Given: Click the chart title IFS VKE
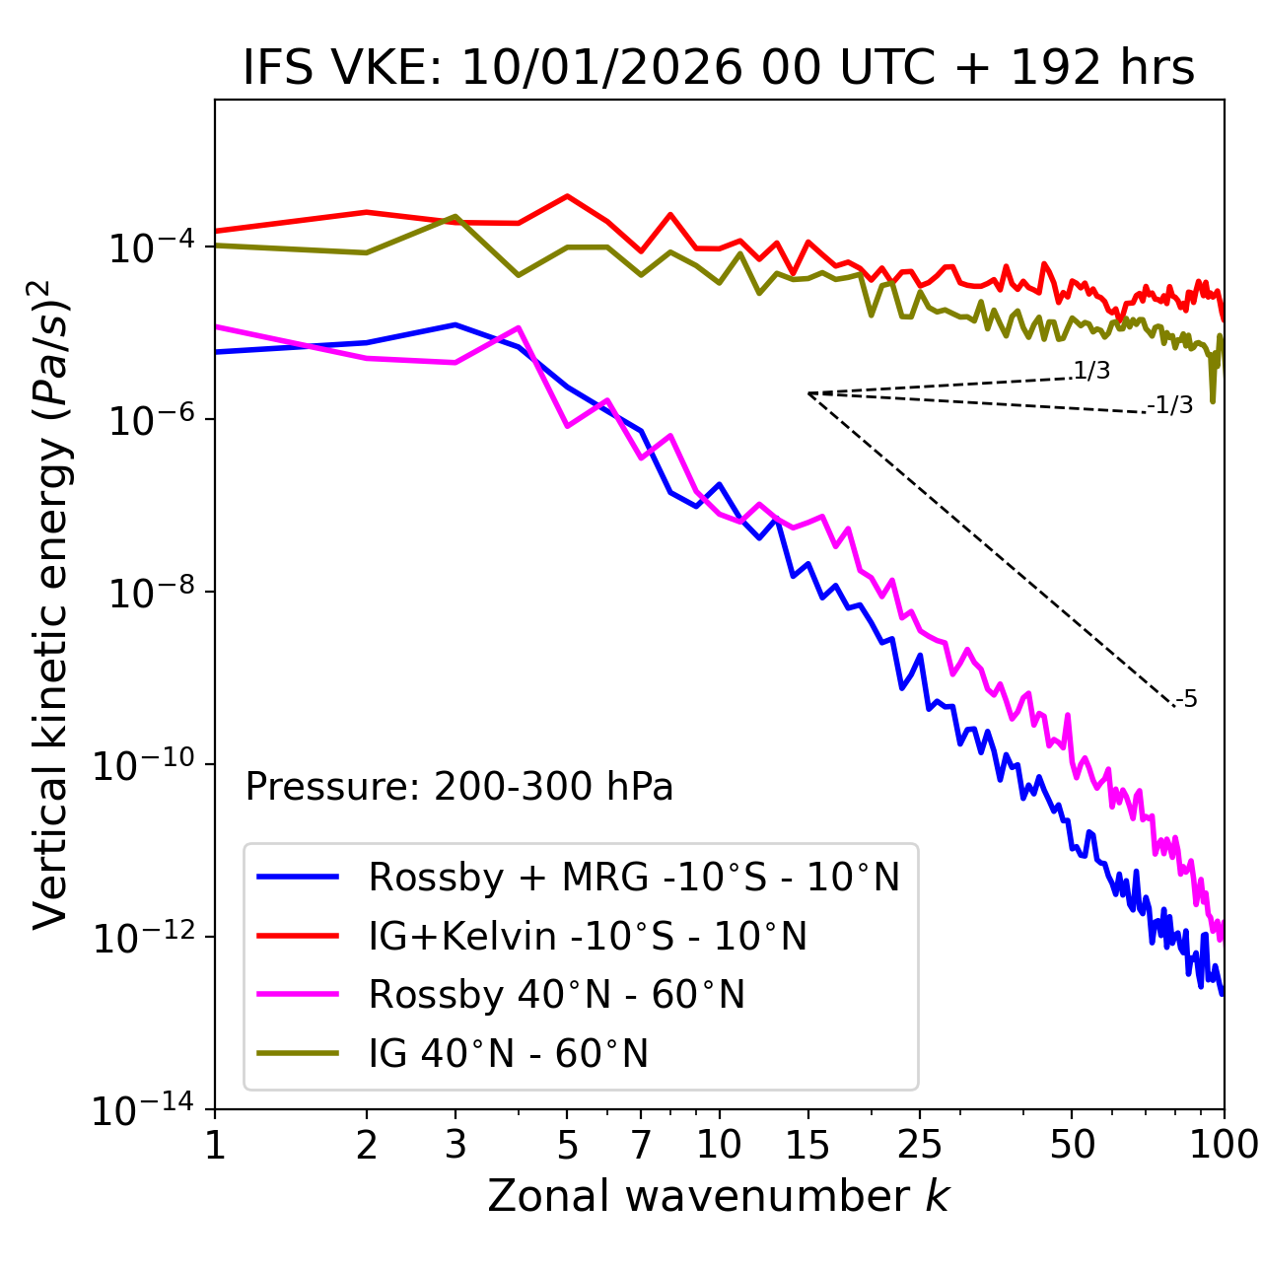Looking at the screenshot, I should (719, 68).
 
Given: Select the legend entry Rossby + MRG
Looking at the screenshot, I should (634, 877).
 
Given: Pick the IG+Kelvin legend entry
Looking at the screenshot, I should (588, 936).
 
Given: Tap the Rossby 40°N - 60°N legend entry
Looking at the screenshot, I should (556, 995).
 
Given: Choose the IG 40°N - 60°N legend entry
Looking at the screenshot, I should (508, 1054).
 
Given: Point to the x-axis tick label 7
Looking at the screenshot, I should (641, 1144).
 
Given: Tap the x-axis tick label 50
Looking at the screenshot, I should (1072, 1144).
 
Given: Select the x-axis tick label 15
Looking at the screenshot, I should (807, 1144).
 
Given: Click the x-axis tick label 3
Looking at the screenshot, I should (456, 1144).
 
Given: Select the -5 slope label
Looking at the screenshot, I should (1186, 700).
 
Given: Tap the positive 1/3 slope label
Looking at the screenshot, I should (1091, 371).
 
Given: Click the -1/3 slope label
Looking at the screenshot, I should (1171, 405).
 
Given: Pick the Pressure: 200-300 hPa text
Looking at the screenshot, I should (459, 787).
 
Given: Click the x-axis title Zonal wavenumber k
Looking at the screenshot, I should (719, 1196).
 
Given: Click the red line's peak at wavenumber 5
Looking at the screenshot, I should (567, 195).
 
